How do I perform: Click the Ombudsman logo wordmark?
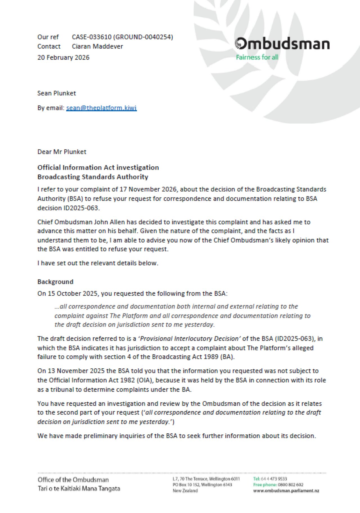(x=282, y=44)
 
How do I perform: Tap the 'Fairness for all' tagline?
(x=257, y=57)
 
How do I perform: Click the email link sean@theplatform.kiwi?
(x=102, y=108)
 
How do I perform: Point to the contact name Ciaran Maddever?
(x=97, y=46)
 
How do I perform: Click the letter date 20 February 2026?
(x=63, y=57)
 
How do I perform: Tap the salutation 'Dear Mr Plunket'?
(x=62, y=152)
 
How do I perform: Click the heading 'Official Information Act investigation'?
(x=98, y=167)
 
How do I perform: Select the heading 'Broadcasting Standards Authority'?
(x=93, y=177)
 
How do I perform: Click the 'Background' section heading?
(x=55, y=282)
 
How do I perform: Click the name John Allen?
(x=109, y=222)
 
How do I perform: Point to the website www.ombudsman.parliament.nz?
(x=286, y=491)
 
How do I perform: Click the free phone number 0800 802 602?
(x=291, y=485)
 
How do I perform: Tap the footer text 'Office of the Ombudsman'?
(x=73, y=480)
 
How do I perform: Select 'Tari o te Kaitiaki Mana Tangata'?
(x=79, y=489)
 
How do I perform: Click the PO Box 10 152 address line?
(x=202, y=485)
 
